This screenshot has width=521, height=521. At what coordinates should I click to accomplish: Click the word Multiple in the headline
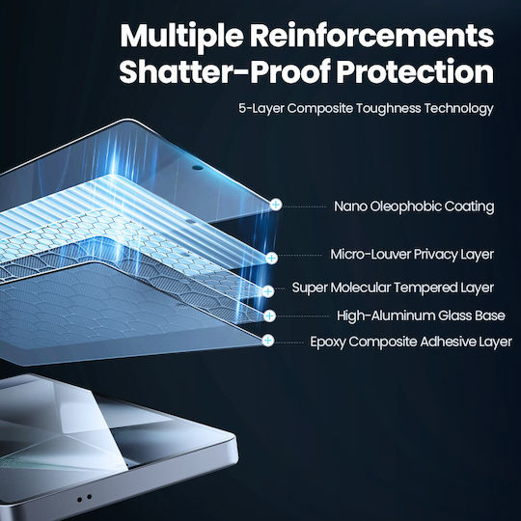[181, 36]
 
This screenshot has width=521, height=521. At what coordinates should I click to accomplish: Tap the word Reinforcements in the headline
[371, 36]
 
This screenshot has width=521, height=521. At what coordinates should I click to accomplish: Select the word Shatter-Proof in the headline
[224, 71]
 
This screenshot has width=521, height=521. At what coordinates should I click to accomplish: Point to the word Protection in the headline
[415, 71]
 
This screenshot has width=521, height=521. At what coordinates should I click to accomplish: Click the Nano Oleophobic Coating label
[414, 206]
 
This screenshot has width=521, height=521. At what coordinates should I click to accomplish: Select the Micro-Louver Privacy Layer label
[412, 255]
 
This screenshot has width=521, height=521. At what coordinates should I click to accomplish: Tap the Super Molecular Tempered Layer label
[393, 288]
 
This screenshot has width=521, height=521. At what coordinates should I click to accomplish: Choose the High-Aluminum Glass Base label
[421, 315]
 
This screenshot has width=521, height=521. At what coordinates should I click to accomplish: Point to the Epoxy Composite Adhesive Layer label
[411, 342]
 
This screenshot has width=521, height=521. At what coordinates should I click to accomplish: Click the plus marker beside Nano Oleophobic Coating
[275, 205]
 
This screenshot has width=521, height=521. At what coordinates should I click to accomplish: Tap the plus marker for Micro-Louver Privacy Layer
[272, 258]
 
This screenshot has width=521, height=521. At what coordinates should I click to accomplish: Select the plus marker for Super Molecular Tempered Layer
[268, 291]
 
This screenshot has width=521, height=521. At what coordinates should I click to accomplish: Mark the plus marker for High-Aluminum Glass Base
[269, 316]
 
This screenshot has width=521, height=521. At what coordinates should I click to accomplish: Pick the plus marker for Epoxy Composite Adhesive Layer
[268, 341]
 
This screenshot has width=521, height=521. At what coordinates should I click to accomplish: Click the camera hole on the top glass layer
[198, 167]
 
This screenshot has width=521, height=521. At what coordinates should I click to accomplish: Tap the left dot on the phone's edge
[79, 500]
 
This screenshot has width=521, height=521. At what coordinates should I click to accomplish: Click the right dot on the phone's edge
[89, 497]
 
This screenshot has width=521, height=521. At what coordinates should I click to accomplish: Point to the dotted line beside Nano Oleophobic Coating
[305, 206]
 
